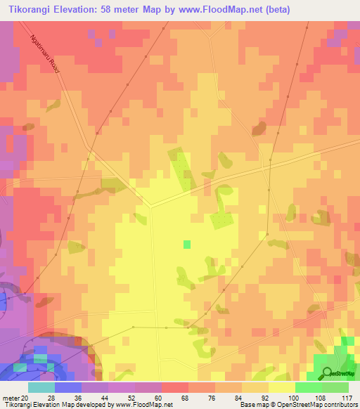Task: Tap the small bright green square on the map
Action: click(x=187, y=245)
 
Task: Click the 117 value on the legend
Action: click(x=346, y=397)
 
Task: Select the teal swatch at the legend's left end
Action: click(x=41, y=387)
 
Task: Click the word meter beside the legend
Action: click(x=11, y=397)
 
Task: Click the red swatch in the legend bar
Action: click(x=174, y=387)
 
